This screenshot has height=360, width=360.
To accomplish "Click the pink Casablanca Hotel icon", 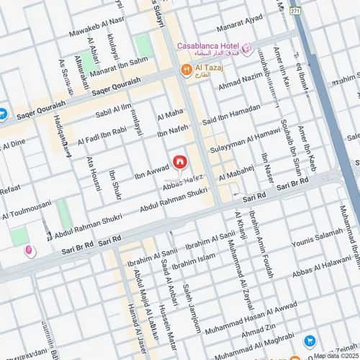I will [x=247, y=49].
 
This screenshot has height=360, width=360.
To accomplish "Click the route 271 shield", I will [x=294, y=11].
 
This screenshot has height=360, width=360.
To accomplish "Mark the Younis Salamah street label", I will [x=318, y=246].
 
